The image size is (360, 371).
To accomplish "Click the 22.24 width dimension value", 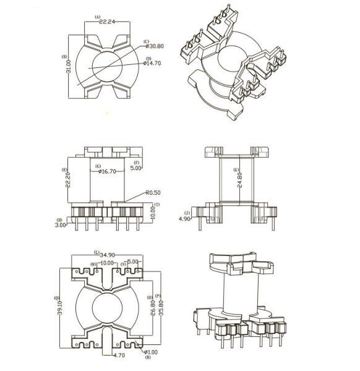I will click(107, 22).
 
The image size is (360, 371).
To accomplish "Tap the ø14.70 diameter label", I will click(152, 63).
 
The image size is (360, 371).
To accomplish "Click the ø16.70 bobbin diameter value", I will click(107, 171).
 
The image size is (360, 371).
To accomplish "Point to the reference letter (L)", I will click(97, 252).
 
